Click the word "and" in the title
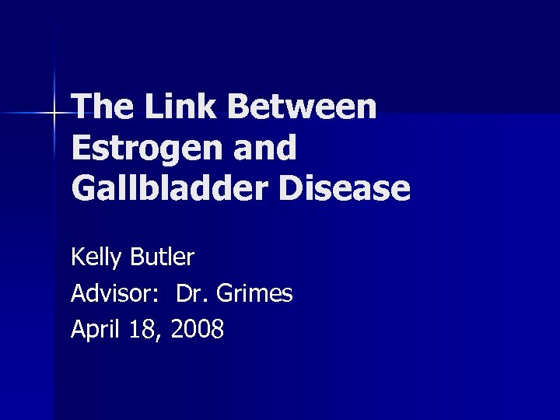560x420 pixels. coord(266,148)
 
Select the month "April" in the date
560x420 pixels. coord(93,331)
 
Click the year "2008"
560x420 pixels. coord(198,330)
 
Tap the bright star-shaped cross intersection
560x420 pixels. coord(54,114)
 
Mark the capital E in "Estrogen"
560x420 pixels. coord(79,148)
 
